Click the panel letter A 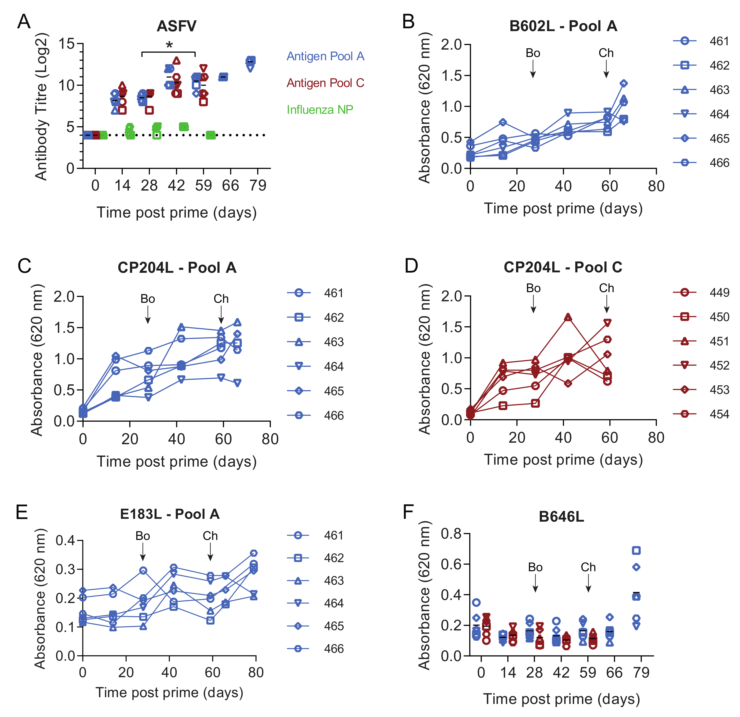point(24,22)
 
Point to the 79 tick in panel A point(258,185)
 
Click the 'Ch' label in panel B point(606,53)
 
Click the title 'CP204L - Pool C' point(563,267)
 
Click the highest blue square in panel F point(636,551)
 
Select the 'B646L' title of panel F point(561,517)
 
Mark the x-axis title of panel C point(176,462)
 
